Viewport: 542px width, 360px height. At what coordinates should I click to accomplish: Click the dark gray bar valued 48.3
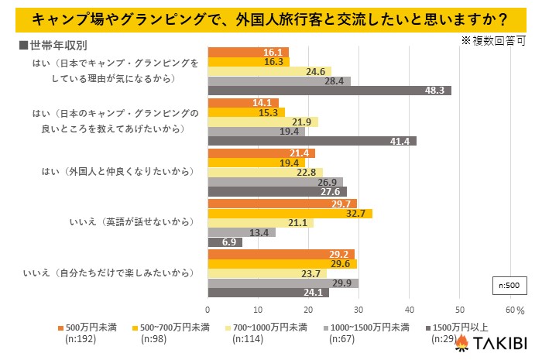(x=329, y=91)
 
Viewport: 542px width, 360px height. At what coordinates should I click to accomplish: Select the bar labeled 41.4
(x=312, y=141)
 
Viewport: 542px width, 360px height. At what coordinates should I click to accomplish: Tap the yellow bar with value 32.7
(x=290, y=214)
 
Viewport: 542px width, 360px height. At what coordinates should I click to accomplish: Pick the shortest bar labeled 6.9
(x=225, y=242)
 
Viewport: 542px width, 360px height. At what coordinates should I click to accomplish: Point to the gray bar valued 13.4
(x=241, y=232)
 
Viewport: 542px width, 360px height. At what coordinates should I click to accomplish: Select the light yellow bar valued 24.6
(x=269, y=71)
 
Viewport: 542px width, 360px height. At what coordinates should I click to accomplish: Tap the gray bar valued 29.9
(x=283, y=283)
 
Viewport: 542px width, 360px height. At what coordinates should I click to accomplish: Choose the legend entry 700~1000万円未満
(x=272, y=327)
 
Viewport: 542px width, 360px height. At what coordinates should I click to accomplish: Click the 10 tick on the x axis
(x=259, y=310)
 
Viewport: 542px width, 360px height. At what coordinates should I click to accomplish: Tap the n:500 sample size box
(x=508, y=286)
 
